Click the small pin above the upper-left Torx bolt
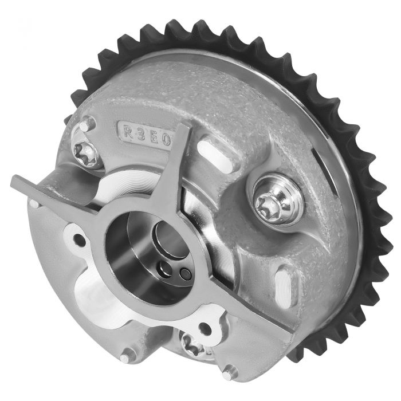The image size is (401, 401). click(86, 124)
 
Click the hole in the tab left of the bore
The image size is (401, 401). click(80, 239)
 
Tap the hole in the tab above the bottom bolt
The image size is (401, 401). click(204, 327)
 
